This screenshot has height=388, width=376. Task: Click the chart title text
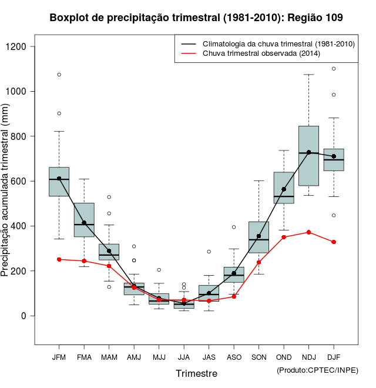pyautogui.click(x=196, y=18)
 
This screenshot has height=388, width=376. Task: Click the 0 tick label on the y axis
pyautogui.click(x=24, y=316)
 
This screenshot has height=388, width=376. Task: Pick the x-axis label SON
pyautogui.click(x=258, y=357)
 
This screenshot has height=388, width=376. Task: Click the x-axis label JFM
pyautogui.click(x=59, y=357)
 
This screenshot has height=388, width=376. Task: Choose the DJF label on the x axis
pyautogui.click(x=334, y=357)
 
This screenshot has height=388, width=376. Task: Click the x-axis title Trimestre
pyautogui.click(x=196, y=373)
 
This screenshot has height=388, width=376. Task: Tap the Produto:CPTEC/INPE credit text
pyautogui.click(x=317, y=370)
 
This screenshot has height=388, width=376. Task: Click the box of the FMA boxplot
pyautogui.click(x=84, y=220)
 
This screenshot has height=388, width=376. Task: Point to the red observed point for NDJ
pyautogui.click(x=308, y=232)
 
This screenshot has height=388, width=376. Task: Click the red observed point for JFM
pyautogui.click(x=59, y=259)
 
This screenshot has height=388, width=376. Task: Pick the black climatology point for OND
pyautogui.click(x=284, y=189)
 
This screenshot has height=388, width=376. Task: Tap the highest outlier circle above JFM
pyautogui.click(x=59, y=75)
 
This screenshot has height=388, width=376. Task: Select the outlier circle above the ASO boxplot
pyautogui.click(x=234, y=227)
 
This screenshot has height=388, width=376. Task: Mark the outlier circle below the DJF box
pyautogui.click(x=334, y=215)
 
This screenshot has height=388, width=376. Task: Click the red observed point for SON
pyautogui.click(x=258, y=262)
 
